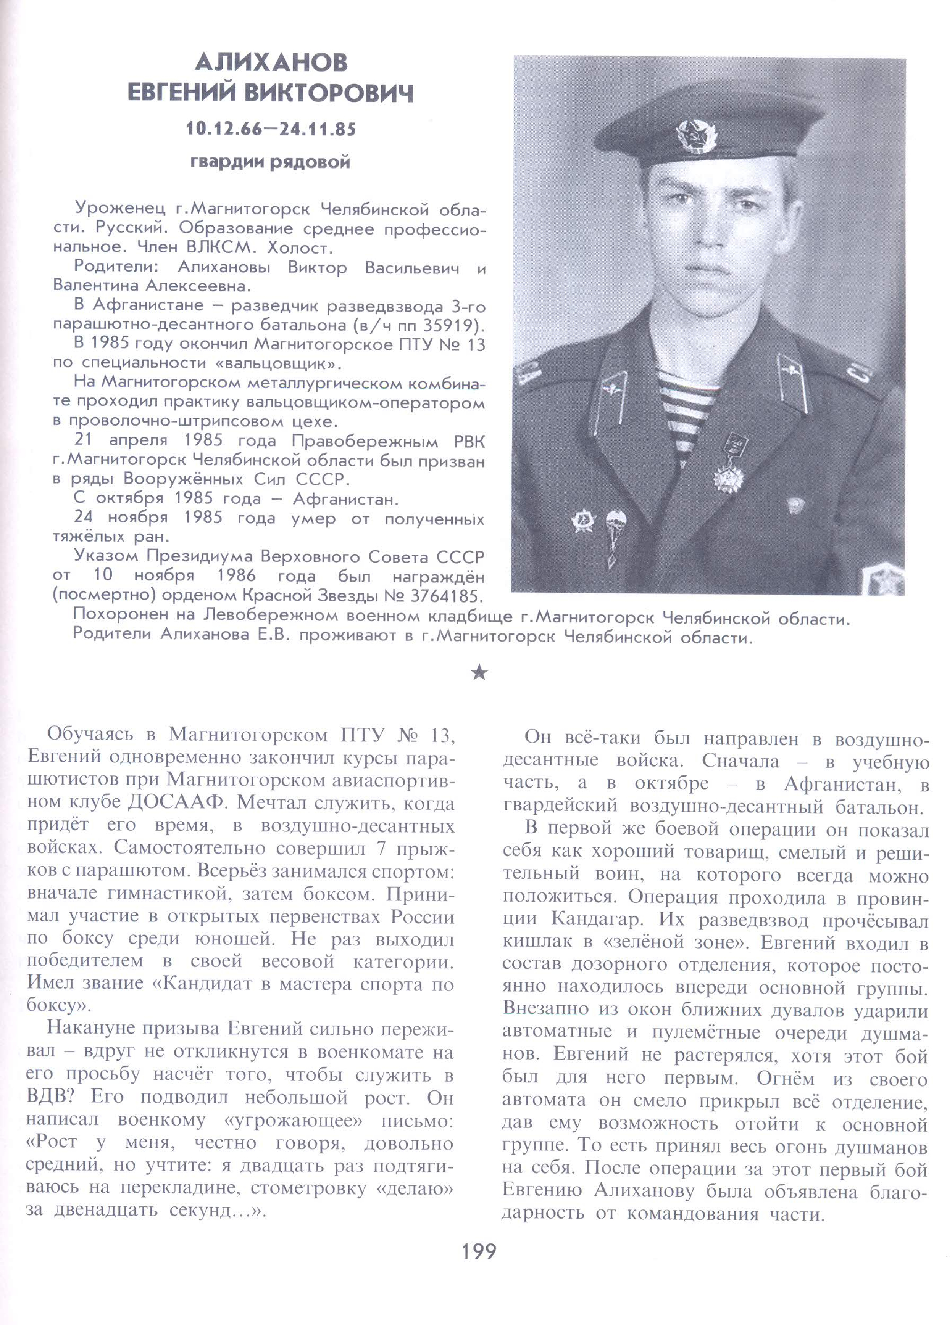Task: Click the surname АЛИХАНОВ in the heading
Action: pyautogui.click(x=270, y=63)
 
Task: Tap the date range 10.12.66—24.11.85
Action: pyautogui.click(x=270, y=128)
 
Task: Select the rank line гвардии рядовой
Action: pyautogui.click(x=270, y=161)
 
